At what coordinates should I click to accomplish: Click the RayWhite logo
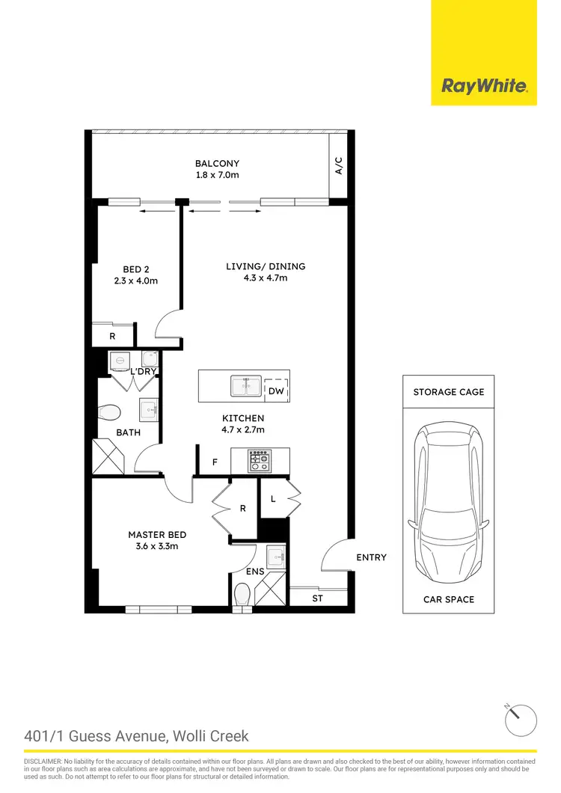tap(484, 86)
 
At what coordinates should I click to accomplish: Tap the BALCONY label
tap(217, 164)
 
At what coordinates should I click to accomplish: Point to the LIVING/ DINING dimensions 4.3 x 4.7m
tap(266, 278)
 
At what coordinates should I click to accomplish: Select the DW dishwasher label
tap(276, 391)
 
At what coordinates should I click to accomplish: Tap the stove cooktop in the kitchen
tap(259, 461)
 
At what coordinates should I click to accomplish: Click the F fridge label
tap(215, 462)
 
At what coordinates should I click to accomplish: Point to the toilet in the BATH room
tap(109, 411)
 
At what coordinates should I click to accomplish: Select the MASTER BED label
tap(157, 535)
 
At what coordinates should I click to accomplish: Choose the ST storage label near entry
tap(317, 598)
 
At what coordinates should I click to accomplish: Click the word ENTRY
tap(372, 557)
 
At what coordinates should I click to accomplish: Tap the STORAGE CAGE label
tap(449, 392)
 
